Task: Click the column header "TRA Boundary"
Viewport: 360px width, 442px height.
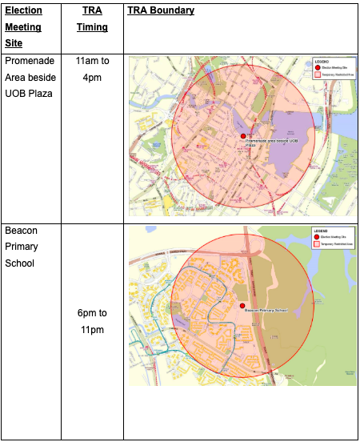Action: [160, 11]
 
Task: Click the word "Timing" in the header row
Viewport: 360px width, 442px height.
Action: [92, 27]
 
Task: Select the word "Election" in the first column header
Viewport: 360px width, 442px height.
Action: [23, 11]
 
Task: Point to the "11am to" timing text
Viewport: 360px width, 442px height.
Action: [92, 61]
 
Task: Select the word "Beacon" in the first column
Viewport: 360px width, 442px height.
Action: [21, 231]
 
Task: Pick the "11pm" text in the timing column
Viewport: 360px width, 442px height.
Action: [92, 329]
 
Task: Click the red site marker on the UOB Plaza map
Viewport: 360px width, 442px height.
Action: [242, 137]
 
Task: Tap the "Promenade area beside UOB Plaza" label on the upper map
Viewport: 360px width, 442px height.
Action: [270, 143]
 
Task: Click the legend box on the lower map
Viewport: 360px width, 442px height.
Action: [332, 237]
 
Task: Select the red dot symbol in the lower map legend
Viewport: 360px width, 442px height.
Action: [317, 237]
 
